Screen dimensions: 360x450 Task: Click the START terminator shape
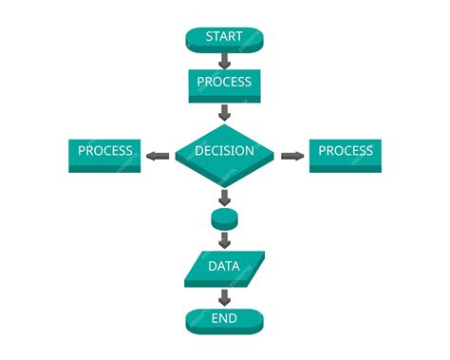(224, 39)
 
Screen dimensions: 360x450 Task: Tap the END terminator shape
(224, 320)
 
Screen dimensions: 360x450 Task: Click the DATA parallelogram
(224, 269)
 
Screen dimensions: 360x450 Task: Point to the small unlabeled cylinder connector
(224, 218)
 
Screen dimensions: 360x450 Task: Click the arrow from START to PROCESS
(224, 61)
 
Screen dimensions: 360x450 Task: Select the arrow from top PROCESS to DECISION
(224, 111)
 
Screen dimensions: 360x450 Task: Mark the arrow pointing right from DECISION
(292, 155)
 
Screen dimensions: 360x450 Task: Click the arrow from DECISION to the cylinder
(224, 198)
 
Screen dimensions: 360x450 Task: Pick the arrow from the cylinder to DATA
(224, 239)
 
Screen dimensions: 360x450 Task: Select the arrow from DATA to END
(224, 296)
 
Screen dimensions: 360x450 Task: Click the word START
(224, 37)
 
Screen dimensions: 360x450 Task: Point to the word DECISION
(224, 150)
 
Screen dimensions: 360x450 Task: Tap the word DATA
(224, 266)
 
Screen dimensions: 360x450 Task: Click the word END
(224, 318)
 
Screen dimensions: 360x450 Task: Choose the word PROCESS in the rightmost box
(345, 151)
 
